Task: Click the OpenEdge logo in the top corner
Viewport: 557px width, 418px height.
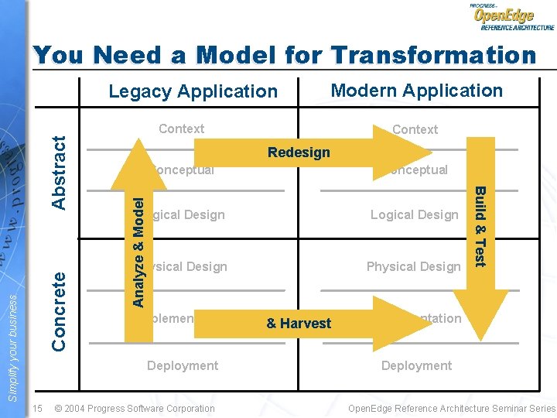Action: click(511, 17)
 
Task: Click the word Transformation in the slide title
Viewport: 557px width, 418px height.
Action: click(433, 55)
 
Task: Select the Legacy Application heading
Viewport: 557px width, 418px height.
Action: click(193, 91)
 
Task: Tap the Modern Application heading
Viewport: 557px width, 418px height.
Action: click(416, 91)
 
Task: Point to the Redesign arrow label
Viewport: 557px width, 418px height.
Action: click(299, 152)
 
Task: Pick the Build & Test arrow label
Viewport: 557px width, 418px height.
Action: click(480, 226)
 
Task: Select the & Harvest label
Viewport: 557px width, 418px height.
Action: click(299, 324)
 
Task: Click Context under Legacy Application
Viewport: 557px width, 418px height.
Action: click(181, 128)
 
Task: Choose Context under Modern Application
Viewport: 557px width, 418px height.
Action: click(415, 129)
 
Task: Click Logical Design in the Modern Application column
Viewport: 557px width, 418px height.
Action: click(414, 214)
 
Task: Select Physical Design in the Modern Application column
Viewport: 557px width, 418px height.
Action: click(413, 266)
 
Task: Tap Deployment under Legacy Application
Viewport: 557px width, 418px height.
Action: click(183, 365)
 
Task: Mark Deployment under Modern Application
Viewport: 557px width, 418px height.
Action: click(416, 365)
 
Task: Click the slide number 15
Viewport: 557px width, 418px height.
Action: click(38, 408)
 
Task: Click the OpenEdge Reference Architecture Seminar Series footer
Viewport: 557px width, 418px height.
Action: click(452, 408)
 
